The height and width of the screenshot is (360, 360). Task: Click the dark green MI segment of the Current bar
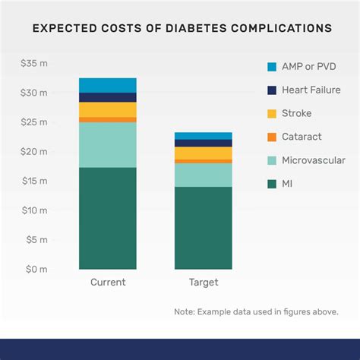[108, 218]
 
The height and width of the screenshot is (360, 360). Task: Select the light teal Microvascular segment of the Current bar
[108, 145]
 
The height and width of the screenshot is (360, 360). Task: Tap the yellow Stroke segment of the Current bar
[108, 109]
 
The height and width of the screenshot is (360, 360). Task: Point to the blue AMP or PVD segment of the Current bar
[108, 85]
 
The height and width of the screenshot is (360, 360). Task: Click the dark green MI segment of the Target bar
[203, 228]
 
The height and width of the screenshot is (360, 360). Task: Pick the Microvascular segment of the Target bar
[203, 175]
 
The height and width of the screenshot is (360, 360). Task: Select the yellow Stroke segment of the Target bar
[203, 153]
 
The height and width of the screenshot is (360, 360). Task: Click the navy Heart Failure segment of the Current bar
[108, 97]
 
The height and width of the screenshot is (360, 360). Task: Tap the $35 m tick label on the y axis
[34, 63]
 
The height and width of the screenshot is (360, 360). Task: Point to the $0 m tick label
[36, 270]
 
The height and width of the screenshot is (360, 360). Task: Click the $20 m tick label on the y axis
[34, 151]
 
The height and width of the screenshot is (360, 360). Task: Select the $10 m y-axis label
[34, 210]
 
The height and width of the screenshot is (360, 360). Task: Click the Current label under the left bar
[108, 283]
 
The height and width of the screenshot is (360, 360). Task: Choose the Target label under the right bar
[203, 283]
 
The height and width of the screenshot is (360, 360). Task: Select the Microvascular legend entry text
[314, 160]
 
